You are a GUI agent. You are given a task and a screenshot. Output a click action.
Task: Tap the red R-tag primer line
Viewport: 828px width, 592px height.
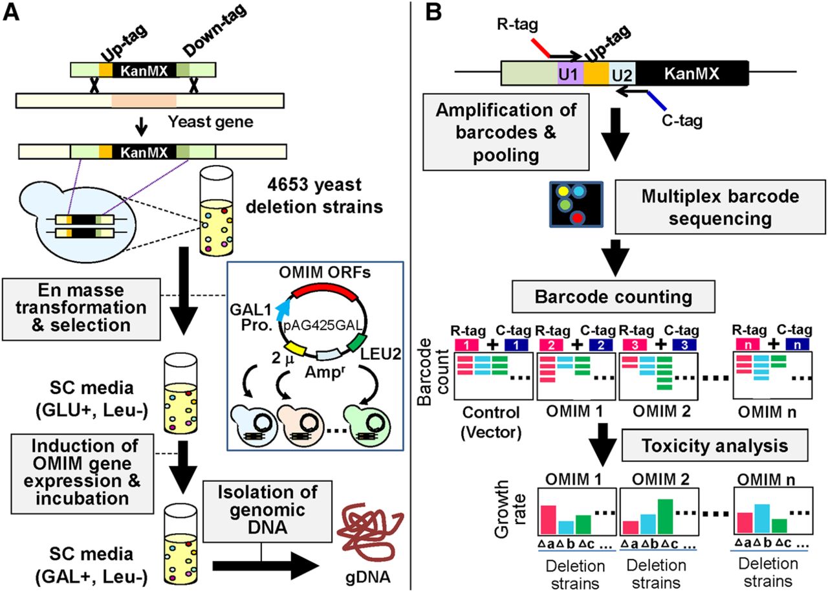[x=539, y=47]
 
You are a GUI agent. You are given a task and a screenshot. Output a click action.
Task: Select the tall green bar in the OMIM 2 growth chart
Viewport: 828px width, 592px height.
[x=662, y=517]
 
